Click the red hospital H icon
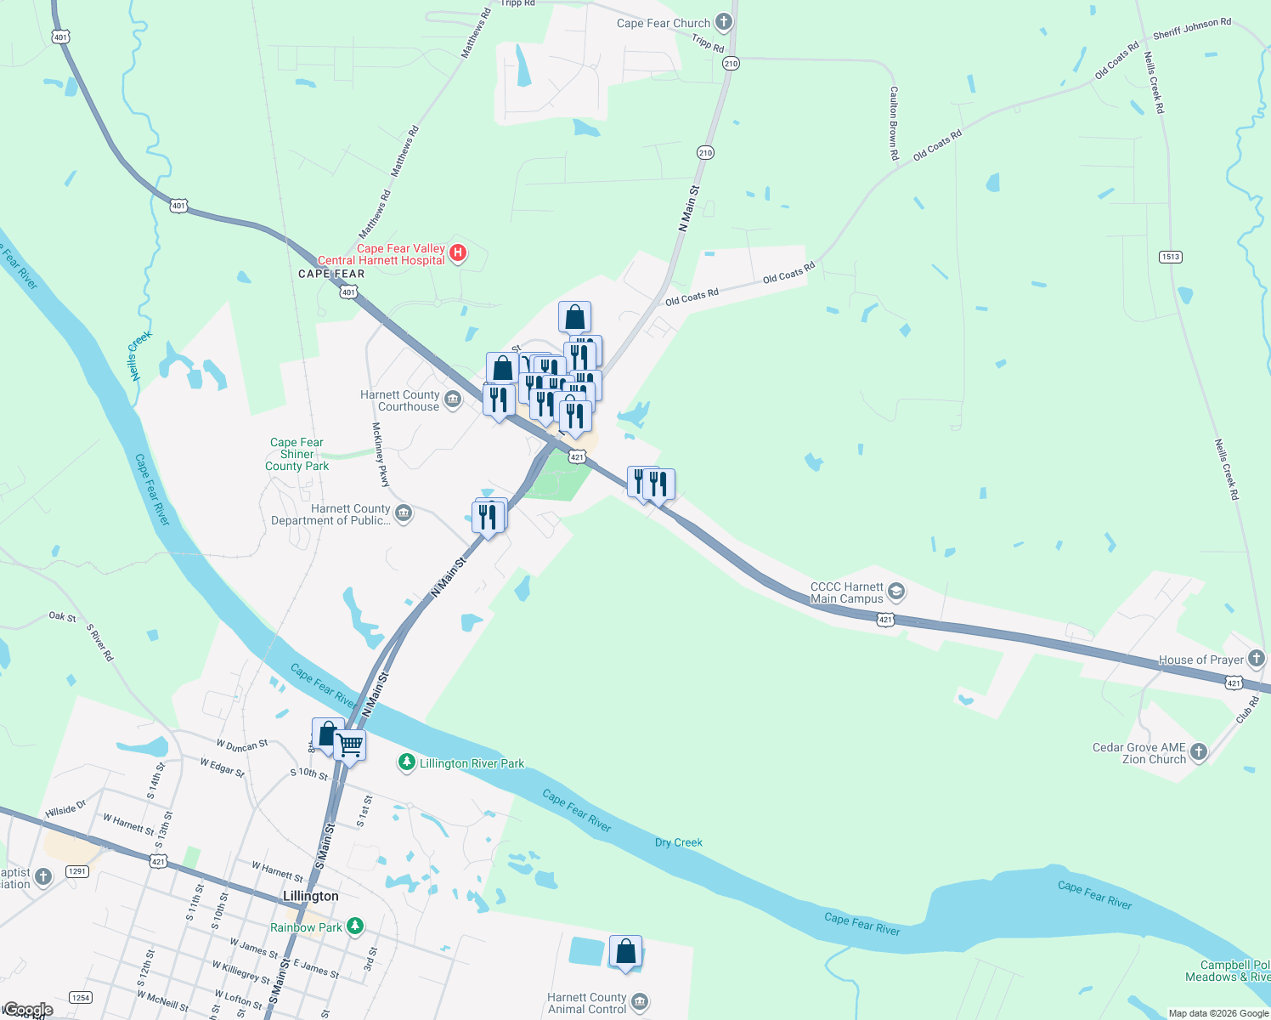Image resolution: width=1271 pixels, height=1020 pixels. tap(458, 252)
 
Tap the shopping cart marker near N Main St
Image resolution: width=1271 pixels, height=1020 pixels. tap(350, 746)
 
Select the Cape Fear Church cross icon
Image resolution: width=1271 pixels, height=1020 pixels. tap(723, 22)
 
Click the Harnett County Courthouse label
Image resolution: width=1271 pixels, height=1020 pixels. tap(399, 400)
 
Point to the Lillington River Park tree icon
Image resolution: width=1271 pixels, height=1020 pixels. tap(407, 762)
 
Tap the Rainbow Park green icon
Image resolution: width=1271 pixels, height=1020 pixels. tap(354, 926)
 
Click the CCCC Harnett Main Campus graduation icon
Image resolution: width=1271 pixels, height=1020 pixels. tap(896, 592)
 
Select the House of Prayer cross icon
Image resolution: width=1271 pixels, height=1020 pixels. tap(1257, 659)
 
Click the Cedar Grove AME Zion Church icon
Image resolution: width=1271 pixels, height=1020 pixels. tap(1198, 751)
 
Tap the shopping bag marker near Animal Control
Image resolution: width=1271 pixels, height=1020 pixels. tap(625, 952)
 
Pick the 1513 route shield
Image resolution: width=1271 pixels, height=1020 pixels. tap(1170, 257)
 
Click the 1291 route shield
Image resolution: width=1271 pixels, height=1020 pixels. tap(77, 871)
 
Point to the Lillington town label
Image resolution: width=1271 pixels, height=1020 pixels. tap(310, 896)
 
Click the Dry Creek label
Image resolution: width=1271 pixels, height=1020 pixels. tap(679, 842)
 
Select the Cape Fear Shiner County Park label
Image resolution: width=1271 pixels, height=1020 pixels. tap(297, 454)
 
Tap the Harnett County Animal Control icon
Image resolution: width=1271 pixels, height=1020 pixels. tap(640, 1002)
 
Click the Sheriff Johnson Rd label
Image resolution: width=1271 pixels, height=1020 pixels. tap(1191, 29)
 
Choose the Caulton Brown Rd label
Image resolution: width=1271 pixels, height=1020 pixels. tap(894, 123)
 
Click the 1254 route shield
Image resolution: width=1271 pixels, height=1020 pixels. tap(80, 998)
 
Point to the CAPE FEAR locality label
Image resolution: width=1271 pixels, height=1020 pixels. tap(331, 274)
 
